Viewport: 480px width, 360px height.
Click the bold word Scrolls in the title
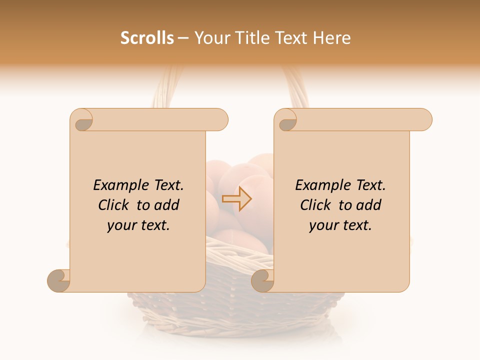coord(147,38)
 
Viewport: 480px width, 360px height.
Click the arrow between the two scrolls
coord(237,199)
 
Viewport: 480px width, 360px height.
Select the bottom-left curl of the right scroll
coord(263,280)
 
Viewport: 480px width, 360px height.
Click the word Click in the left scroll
coord(114,205)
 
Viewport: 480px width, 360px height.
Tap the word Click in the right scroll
coord(316,205)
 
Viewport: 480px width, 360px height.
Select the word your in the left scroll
coord(120,226)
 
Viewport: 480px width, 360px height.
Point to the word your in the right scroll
coord(322,226)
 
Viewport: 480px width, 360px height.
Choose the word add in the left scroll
coord(167,205)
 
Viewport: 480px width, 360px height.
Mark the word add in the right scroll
coord(369,205)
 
